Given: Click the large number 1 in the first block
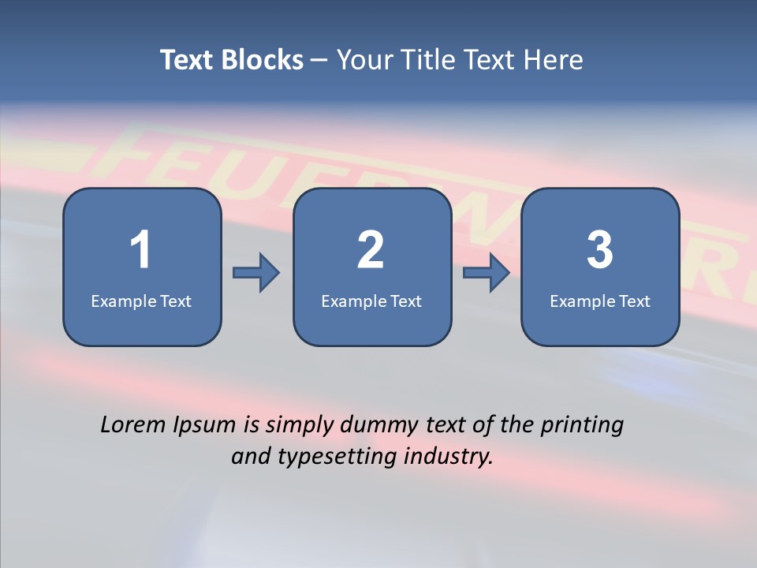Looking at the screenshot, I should (x=140, y=250).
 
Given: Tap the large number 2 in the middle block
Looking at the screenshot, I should (x=371, y=250).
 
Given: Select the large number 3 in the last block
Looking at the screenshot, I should (x=600, y=250).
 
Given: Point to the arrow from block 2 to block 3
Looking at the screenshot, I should (x=487, y=273).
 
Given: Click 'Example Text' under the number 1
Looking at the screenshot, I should (x=141, y=301).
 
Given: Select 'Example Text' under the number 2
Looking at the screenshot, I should (x=371, y=301).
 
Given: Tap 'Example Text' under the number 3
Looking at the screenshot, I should (x=600, y=301).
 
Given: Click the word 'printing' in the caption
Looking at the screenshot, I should (x=582, y=426).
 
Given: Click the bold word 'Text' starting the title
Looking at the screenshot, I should (x=187, y=60).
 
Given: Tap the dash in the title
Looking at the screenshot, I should (x=319, y=61).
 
